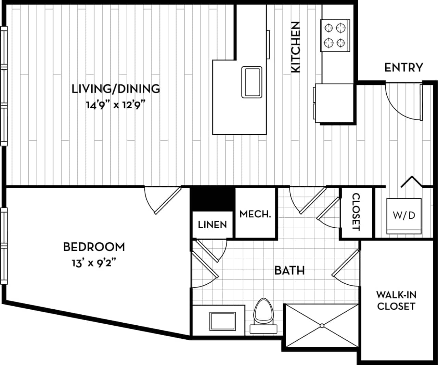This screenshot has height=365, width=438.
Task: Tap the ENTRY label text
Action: pos(403,67)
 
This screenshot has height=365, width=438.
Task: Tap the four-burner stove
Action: pos(335,35)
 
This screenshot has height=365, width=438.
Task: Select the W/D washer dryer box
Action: pos(404,216)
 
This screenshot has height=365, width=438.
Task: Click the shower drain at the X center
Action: pos(322,326)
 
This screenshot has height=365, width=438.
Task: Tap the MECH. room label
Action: pos(255,214)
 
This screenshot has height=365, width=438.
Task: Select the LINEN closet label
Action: pos(212,225)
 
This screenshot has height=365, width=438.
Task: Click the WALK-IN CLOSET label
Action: pos(396,300)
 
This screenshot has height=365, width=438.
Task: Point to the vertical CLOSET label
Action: pos(356,212)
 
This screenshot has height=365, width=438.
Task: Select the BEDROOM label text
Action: pos(94,247)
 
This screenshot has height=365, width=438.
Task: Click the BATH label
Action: pos(289,271)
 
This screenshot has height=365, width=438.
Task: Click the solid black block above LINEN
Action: pos(212,199)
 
